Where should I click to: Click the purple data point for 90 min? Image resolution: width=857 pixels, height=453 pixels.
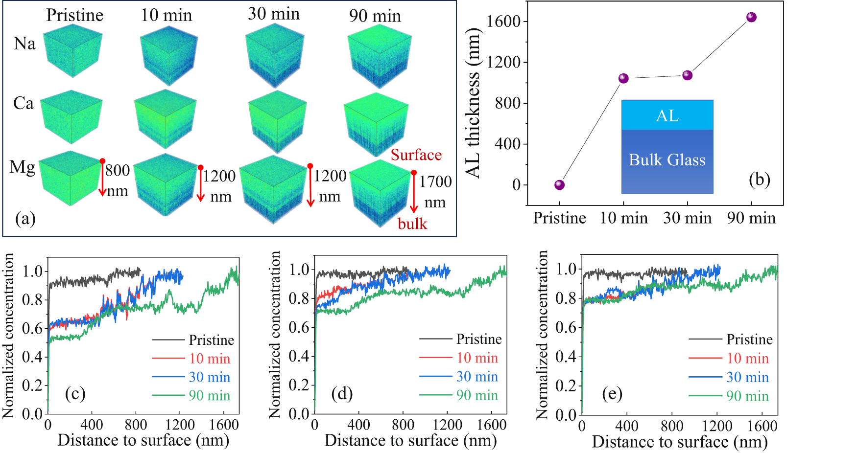coord(751,17)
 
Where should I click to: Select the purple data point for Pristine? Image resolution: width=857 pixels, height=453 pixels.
coord(559,184)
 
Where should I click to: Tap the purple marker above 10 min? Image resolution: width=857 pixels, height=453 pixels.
coord(623,78)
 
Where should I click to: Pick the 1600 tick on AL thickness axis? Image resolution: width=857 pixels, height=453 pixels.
coord(506,22)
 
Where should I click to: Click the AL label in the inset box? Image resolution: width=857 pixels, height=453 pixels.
coord(667,115)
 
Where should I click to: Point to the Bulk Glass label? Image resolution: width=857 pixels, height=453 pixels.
coord(667,160)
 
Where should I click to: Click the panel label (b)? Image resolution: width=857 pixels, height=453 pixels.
coord(760,180)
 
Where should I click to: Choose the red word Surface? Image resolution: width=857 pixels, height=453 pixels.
coord(416,155)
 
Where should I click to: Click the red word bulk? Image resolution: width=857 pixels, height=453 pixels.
coord(412,224)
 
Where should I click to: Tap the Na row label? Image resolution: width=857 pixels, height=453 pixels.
coord(24,44)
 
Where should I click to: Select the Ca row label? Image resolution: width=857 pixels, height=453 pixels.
coord(24,103)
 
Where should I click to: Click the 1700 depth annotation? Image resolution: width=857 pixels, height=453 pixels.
coord(435,182)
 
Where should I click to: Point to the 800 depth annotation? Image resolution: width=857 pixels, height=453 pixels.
coord(118,170)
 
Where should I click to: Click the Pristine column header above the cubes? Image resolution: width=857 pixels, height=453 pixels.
coord(74,15)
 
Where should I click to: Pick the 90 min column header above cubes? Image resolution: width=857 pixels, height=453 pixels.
coord(375,16)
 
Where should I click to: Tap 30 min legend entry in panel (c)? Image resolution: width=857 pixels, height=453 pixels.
coord(209,377)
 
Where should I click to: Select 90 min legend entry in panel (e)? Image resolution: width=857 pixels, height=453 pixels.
coord(747,396)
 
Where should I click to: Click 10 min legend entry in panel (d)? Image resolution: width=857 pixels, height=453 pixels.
coord(477,358)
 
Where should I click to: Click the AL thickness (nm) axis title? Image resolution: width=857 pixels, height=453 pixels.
coord(473,103)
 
